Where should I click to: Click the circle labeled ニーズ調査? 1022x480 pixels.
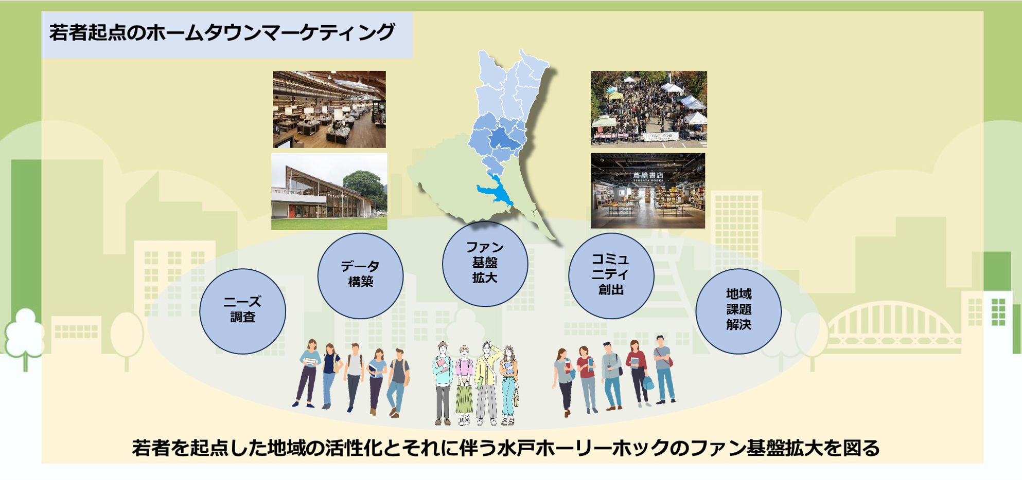tap(242, 311)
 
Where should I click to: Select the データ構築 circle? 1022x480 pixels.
tap(360, 275)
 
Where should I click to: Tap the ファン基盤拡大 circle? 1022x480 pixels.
tap(485, 264)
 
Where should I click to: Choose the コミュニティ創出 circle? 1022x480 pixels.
tap(611, 275)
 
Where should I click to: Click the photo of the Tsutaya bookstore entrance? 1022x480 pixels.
tap(648, 191)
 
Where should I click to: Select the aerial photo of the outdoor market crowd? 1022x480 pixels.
tap(648, 109)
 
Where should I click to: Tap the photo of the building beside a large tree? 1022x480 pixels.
tap(329, 191)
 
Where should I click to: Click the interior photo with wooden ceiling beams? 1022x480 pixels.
tap(329, 109)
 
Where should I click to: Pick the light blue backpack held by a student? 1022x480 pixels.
tap(648, 382)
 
